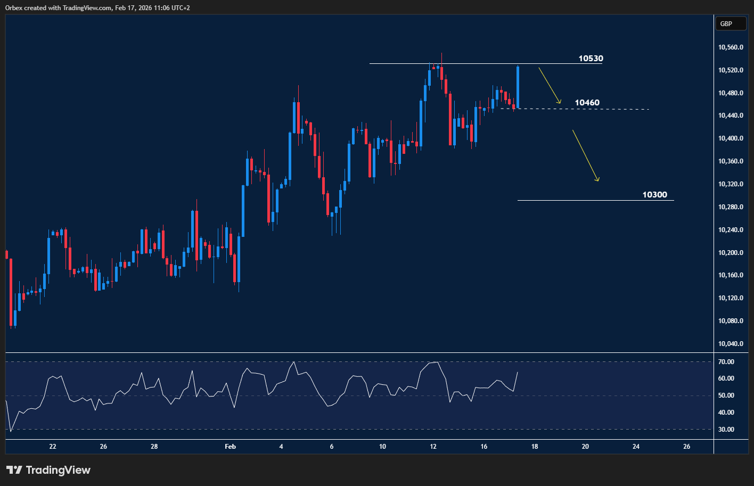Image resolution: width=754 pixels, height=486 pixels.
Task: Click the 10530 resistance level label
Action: [x=591, y=59]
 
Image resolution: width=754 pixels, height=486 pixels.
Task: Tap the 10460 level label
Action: [x=587, y=103]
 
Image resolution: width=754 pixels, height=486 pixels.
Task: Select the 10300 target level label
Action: [x=654, y=195]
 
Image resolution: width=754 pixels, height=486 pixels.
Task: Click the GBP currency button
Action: [x=726, y=23]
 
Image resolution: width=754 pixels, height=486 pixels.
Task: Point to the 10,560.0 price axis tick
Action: [x=731, y=47]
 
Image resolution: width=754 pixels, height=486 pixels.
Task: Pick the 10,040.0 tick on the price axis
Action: [x=731, y=344]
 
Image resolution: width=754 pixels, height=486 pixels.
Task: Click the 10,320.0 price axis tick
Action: [x=731, y=184]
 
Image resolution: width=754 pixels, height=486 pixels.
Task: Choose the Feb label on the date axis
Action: [x=230, y=447]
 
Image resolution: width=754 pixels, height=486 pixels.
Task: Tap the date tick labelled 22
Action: [x=53, y=447]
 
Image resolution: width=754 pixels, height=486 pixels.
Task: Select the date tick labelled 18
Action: [x=535, y=447]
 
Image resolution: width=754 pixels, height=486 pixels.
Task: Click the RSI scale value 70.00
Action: [x=726, y=362]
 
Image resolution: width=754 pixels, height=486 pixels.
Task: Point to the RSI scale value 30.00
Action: [x=726, y=430]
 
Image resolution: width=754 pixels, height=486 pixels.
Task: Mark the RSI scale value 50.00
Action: [x=726, y=396]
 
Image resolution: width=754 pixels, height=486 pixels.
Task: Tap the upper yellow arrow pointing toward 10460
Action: [x=550, y=85]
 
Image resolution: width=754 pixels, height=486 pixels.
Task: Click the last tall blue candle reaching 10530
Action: [x=518, y=87]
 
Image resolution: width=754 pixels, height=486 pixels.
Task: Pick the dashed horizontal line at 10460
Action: [x=612, y=109]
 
